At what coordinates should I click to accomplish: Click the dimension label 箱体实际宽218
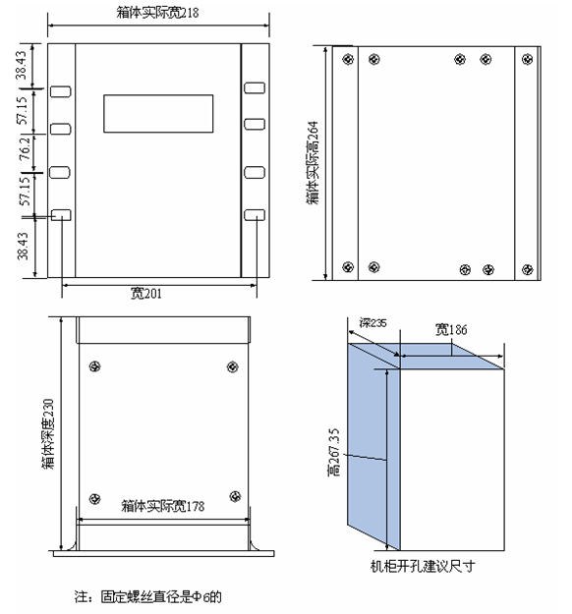click(x=157, y=13)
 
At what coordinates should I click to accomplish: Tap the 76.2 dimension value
click(x=25, y=148)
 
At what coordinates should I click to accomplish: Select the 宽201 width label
click(x=145, y=293)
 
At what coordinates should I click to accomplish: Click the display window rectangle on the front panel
click(x=158, y=114)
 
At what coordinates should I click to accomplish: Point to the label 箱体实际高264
click(x=313, y=162)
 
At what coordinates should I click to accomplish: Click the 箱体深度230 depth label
click(x=48, y=433)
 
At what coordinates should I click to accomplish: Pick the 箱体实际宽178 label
click(x=162, y=506)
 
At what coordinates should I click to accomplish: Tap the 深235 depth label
click(x=372, y=322)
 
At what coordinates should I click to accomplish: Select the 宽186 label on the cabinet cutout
click(x=451, y=330)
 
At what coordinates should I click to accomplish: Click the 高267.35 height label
click(x=334, y=452)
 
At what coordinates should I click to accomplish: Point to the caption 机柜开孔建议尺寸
click(x=423, y=566)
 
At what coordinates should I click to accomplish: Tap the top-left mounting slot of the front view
click(x=61, y=92)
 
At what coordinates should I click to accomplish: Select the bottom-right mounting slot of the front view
click(x=255, y=215)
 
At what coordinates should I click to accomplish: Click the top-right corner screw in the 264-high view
click(x=528, y=59)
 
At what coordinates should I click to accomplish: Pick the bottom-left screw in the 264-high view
click(x=348, y=267)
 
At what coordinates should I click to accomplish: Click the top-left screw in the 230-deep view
click(x=95, y=366)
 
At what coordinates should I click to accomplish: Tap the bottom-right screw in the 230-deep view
click(x=235, y=496)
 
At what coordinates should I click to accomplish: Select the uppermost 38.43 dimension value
click(x=22, y=65)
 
